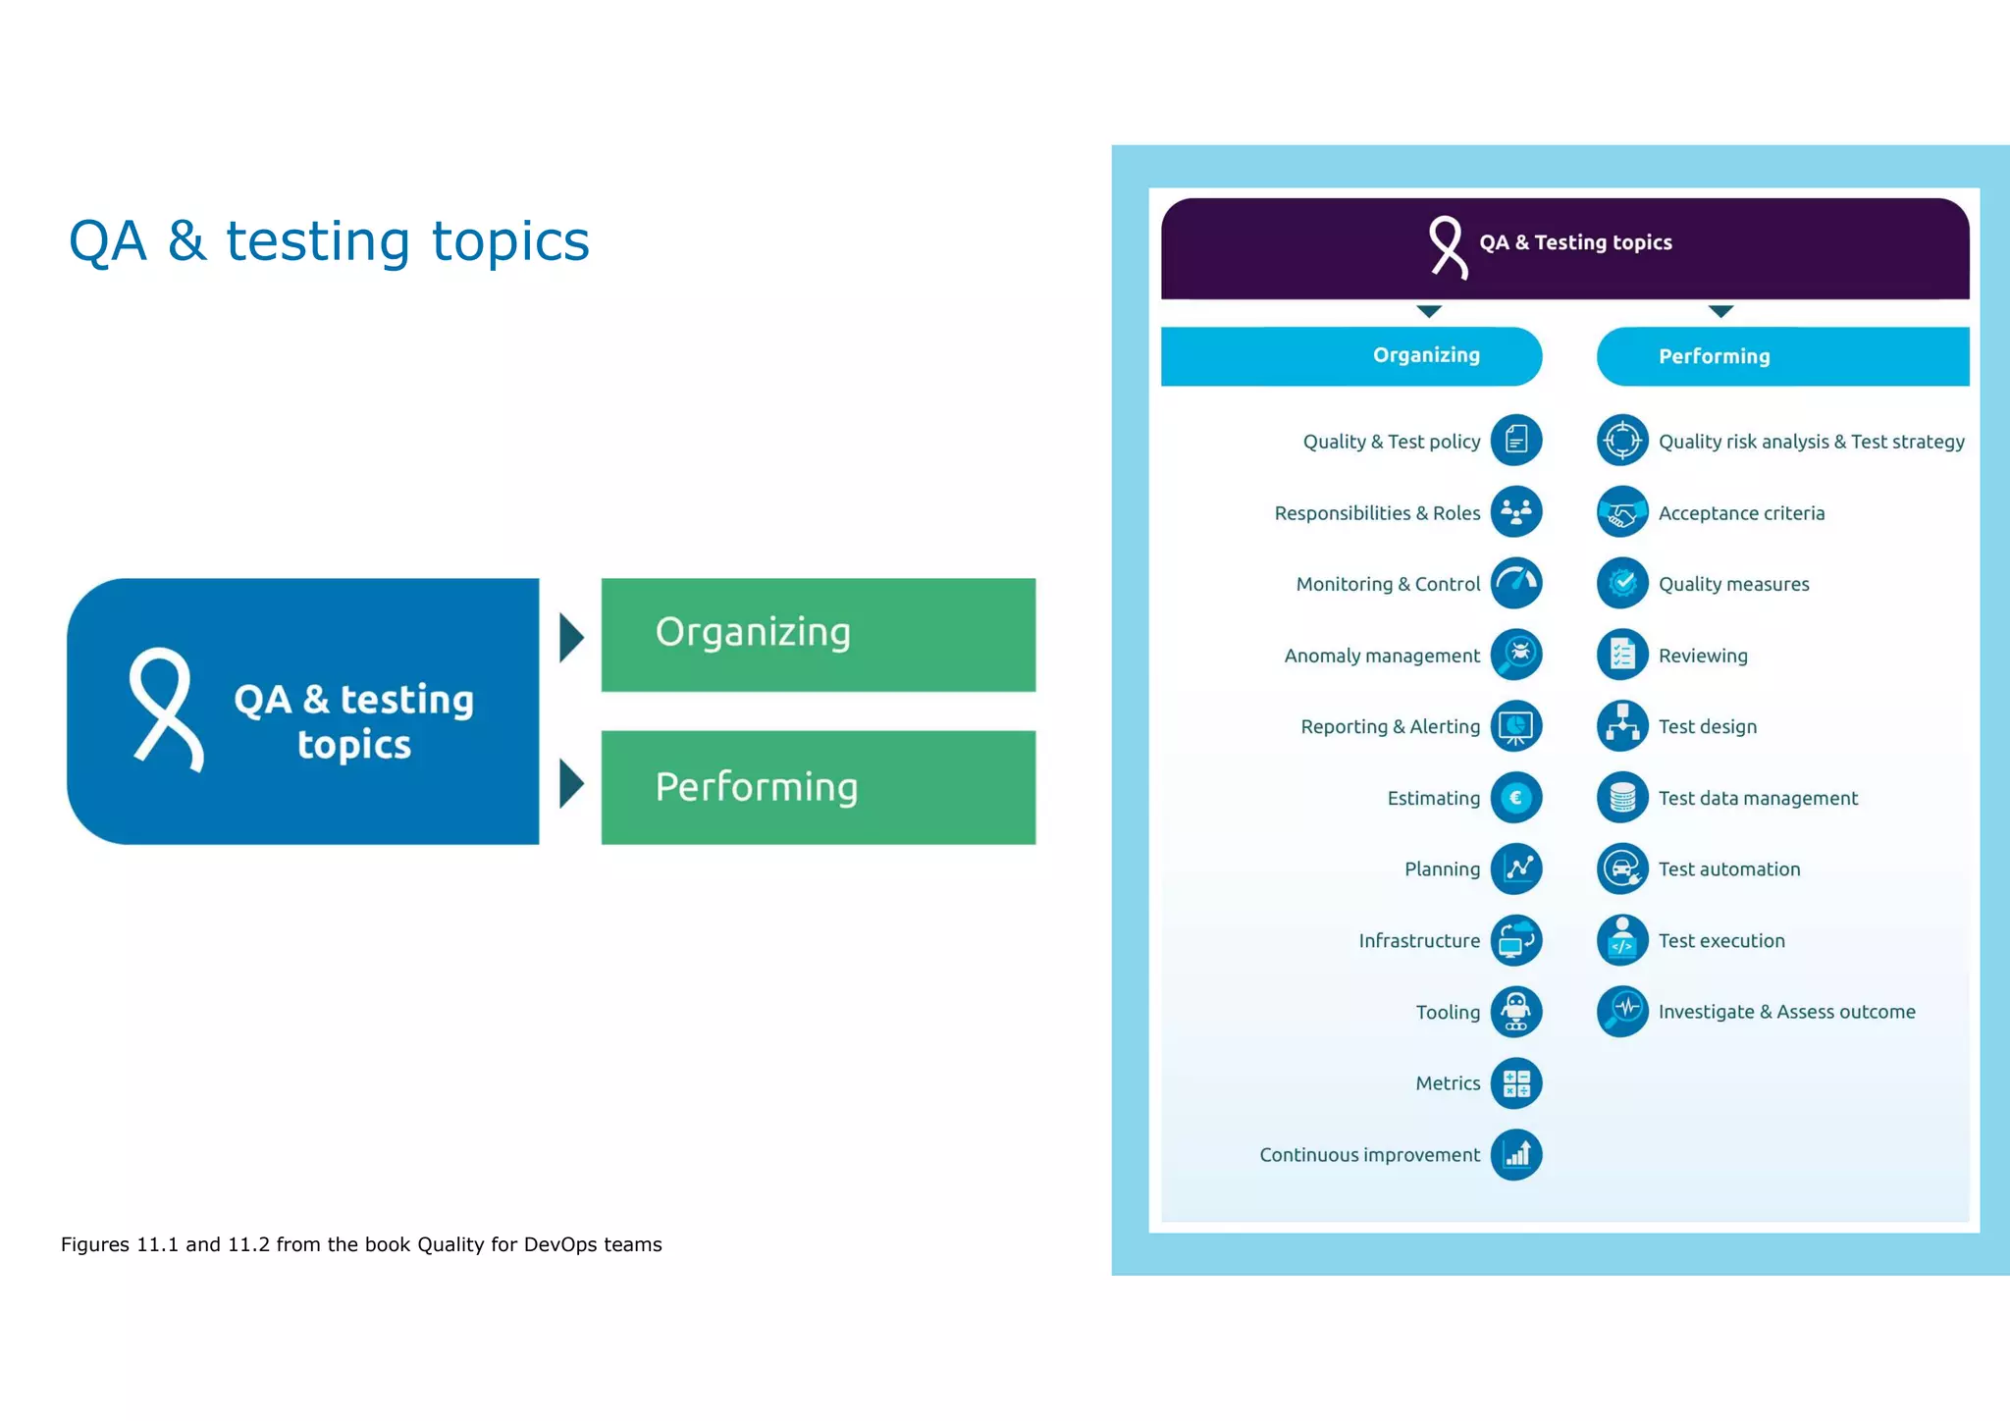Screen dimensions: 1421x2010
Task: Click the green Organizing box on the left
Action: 818,635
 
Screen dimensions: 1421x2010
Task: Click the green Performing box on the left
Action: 818,787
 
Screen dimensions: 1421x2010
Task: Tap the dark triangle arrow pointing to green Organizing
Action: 571,638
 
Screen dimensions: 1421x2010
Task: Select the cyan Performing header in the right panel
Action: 1781,356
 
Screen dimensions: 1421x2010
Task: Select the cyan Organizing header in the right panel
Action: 1351,355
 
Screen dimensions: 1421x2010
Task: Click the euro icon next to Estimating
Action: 1515,798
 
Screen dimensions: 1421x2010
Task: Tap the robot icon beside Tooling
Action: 1515,1012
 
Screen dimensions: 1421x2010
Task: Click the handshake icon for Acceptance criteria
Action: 1622,512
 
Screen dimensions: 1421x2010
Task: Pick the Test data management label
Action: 1757,798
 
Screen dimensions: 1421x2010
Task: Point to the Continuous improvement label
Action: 1369,1155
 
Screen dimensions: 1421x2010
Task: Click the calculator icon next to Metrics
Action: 1515,1083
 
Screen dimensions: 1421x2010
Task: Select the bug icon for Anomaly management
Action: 1515,655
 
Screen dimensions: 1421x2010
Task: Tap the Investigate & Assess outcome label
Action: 1786,1012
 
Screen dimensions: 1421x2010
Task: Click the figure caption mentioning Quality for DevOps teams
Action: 361,1244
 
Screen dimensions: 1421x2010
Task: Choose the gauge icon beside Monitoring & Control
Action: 1515,583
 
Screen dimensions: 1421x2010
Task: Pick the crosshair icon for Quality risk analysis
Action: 1622,441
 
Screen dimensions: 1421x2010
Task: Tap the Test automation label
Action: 1728,869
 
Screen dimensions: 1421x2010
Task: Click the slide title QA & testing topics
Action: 329,241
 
